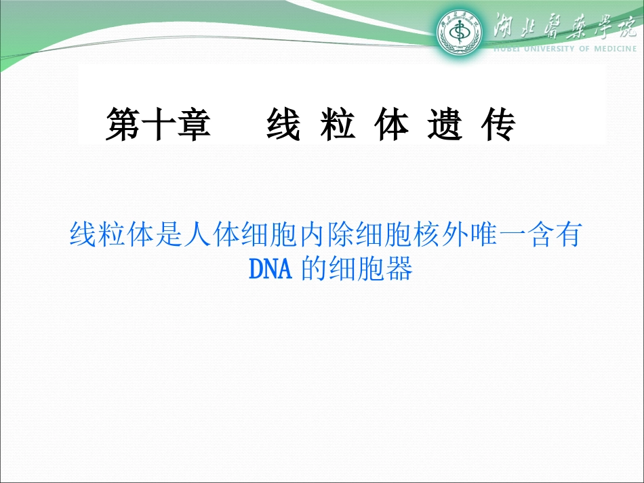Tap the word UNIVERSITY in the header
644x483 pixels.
543,49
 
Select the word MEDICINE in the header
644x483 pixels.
616,49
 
